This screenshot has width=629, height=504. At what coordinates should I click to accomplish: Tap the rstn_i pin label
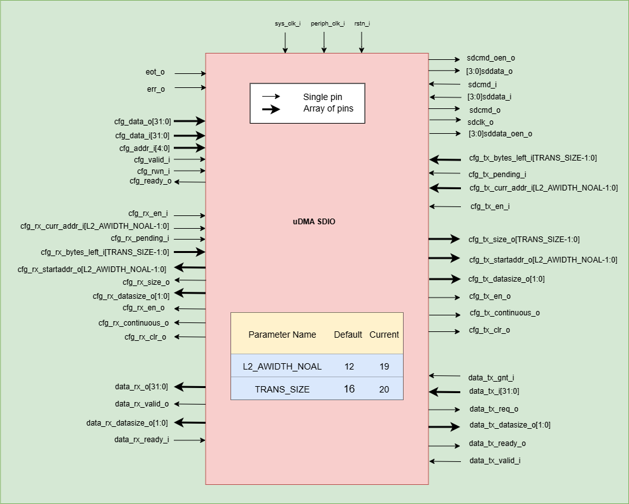point(362,24)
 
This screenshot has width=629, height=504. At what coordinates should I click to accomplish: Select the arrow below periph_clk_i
point(323,42)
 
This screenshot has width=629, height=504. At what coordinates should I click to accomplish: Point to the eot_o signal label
point(155,73)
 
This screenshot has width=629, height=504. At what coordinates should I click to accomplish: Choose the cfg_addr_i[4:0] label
point(145,148)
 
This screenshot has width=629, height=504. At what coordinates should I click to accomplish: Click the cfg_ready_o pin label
point(150,181)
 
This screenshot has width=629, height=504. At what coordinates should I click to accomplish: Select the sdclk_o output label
point(481,122)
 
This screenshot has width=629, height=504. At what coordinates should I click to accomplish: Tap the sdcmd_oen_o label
point(491,58)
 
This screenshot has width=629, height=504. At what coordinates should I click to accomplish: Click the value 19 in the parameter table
point(384,366)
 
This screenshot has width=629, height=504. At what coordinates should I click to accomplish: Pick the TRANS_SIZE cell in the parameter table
point(282,389)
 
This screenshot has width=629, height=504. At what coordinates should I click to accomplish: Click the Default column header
point(348,335)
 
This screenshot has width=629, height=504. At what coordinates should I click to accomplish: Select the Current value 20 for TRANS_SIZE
point(384,389)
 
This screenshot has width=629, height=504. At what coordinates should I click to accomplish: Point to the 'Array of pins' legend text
point(328,109)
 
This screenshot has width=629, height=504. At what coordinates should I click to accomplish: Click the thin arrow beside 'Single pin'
point(272,97)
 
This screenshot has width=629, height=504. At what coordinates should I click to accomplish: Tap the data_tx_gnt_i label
point(491,378)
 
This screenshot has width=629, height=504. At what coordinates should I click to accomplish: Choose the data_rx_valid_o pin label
point(142,404)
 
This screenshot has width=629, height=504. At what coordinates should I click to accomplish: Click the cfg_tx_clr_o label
point(490,330)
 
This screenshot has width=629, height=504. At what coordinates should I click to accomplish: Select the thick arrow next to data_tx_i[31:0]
point(444,392)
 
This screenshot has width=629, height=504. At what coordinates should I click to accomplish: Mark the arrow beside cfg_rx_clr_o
point(190,336)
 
